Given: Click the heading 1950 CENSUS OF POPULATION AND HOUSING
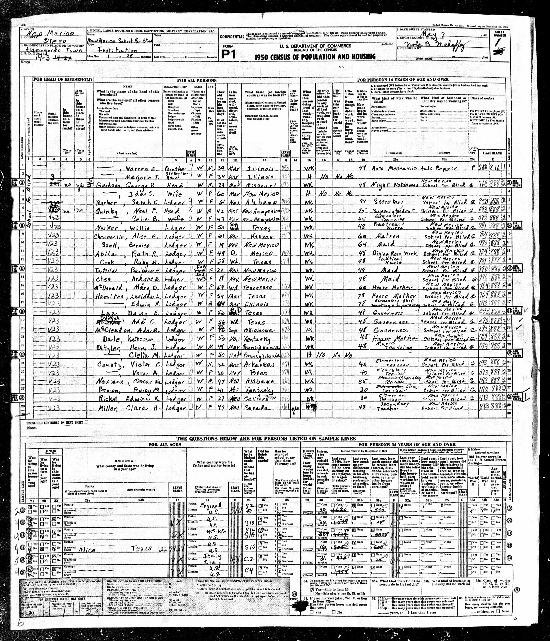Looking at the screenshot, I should coord(315,57).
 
